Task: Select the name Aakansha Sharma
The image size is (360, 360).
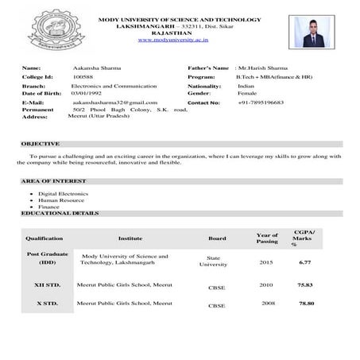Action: [x=96, y=69]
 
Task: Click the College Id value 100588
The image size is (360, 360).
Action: [x=82, y=77]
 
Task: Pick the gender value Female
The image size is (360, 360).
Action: [x=247, y=93]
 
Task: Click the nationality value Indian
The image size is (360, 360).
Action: [x=246, y=85]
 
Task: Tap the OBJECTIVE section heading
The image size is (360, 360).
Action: [x=41, y=144]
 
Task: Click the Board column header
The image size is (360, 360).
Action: [x=217, y=238]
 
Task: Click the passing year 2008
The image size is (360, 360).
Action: [x=266, y=304]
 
